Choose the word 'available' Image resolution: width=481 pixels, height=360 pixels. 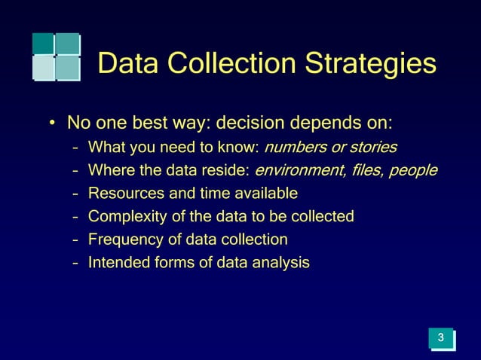(x=264, y=194)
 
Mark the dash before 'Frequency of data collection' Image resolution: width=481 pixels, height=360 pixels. (x=75, y=241)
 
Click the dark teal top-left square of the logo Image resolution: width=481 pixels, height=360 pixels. (x=43, y=43)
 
